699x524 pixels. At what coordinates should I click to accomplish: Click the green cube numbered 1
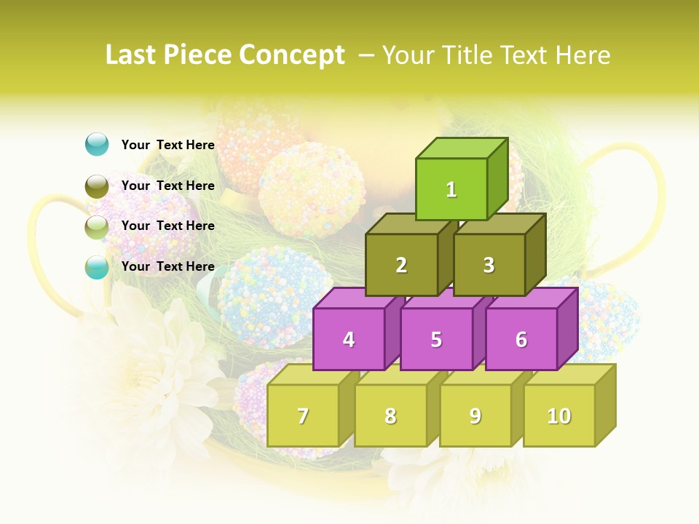pyautogui.click(x=451, y=189)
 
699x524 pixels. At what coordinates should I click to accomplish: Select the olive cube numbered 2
pyautogui.click(x=401, y=265)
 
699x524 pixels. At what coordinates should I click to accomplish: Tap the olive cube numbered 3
pyautogui.click(x=489, y=265)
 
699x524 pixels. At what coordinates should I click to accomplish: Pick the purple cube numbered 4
pyautogui.click(x=349, y=339)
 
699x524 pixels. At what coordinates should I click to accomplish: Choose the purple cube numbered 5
pyautogui.click(x=436, y=339)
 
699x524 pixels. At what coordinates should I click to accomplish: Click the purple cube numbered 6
pyautogui.click(x=521, y=339)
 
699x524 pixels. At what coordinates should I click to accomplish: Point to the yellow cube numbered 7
pyautogui.click(x=303, y=416)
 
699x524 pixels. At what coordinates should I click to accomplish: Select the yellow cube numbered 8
pyautogui.click(x=390, y=416)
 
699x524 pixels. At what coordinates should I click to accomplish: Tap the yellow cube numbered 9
pyautogui.click(x=475, y=416)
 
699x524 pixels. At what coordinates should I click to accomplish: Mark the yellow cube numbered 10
pyautogui.click(x=558, y=416)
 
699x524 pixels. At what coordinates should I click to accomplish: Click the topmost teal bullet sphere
pyautogui.click(x=97, y=144)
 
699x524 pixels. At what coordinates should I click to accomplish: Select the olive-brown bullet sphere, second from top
pyautogui.click(x=97, y=186)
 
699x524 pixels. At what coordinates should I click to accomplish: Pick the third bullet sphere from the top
pyautogui.click(x=97, y=226)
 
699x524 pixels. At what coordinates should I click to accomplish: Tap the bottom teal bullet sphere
pyautogui.click(x=97, y=267)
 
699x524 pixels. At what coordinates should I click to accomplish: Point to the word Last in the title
pyautogui.click(x=131, y=55)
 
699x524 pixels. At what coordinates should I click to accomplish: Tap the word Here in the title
pyautogui.click(x=582, y=55)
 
